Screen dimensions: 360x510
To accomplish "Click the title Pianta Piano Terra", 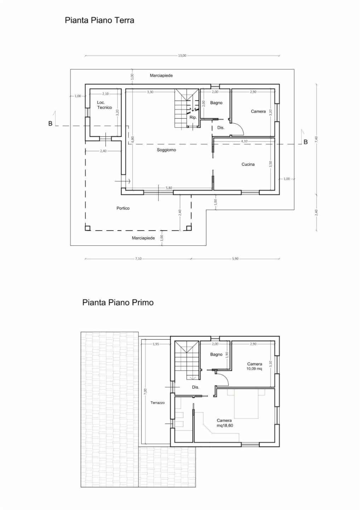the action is (x=99, y=21).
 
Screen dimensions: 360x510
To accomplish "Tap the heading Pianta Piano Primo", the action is (x=118, y=302).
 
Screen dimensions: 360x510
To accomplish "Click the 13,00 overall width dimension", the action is (x=182, y=56).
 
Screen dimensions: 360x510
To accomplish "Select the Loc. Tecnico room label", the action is (x=104, y=105).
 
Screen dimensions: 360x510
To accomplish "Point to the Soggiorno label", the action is (x=166, y=150).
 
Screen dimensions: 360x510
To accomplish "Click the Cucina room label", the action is (x=248, y=164).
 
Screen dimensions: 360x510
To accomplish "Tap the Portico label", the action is (x=123, y=208).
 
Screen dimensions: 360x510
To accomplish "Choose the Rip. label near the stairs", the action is (x=193, y=118).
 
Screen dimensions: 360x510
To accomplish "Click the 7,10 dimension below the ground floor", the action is (x=138, y=259).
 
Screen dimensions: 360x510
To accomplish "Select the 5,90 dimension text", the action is (x=235, y=259).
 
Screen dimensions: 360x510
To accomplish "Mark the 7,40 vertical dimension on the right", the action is (x=316, y=139).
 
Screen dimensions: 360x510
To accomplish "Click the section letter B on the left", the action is (x=50, y=123).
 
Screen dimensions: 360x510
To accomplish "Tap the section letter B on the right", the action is (x=305, y=142).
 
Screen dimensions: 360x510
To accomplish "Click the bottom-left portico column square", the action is (x=88, y=228).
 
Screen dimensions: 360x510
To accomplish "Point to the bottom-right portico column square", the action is (x=189, y=228).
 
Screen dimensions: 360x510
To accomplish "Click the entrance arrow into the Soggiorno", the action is (x=122, y=181).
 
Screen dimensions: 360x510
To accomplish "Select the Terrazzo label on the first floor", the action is (x=158, y=403).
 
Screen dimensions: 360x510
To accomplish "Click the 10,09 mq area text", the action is (x=254, y=369).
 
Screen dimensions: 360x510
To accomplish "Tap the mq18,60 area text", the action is (x=224, y=426).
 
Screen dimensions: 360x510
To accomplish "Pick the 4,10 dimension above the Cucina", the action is (x=244, y=141).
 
